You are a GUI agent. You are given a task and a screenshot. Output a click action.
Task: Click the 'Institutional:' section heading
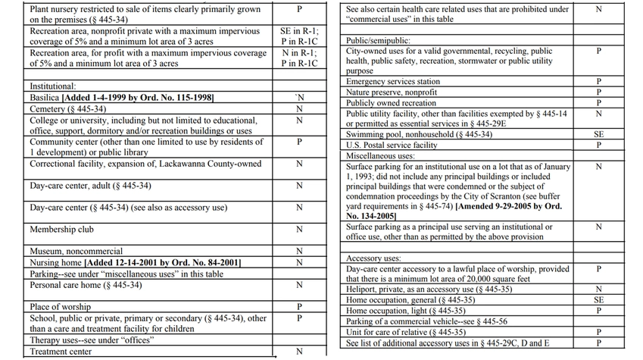(x=53, y=87)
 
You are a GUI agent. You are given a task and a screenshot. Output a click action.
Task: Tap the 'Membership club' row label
(x=61, y=230)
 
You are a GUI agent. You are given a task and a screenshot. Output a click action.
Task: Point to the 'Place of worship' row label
(x=61, y=307)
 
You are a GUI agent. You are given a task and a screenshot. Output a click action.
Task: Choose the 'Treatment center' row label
(x=61, y=352)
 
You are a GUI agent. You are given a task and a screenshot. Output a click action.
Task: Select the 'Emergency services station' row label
(x=392, y=82)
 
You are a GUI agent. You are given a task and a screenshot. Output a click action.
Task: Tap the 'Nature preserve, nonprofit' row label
(x=391, y=92)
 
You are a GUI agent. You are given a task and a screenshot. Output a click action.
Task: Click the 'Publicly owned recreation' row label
(x=391, y=103)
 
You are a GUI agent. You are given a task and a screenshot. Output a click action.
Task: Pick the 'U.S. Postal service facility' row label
(x=391, y=145)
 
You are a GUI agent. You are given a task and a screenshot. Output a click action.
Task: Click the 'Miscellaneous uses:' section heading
(x=380, y=155)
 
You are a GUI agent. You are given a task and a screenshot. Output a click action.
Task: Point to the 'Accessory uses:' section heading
(x=373, y=258)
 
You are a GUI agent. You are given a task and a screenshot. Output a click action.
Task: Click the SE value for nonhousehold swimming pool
(x=599, y=134)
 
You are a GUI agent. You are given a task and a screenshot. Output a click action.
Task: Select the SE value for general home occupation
(x=599, y=300)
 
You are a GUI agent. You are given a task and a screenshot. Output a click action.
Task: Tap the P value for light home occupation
(x=599, y=311)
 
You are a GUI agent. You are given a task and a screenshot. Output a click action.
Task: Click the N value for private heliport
(x=599, y=290)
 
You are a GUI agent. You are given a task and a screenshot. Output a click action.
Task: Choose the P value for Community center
(x=299, y=142)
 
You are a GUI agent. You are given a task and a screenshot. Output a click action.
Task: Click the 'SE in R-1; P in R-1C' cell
(x=299, y=36)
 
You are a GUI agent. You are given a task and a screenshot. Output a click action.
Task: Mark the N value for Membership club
(x=299, y=230)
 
